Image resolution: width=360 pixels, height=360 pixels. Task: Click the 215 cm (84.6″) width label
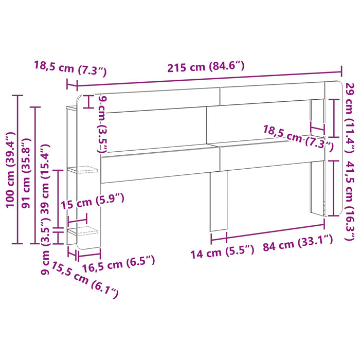[206, 67]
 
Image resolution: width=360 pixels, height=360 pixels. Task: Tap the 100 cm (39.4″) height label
[10, 170]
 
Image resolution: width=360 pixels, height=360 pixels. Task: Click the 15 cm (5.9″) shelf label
[92, 201]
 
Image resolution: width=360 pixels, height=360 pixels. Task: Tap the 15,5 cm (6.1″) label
[85, 280]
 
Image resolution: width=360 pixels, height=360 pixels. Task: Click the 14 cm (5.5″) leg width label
[223, 252]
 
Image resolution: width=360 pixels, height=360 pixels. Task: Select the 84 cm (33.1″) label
[298, 243]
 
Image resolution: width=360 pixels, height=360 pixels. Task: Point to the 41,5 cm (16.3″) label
[350, 201]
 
